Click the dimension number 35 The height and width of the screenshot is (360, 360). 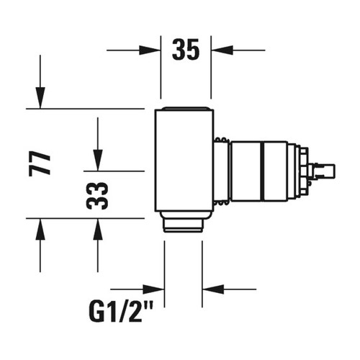[x=185, y=50]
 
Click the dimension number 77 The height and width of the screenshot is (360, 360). [x=42, y=163]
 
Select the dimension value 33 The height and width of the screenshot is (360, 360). [x=97, y=194]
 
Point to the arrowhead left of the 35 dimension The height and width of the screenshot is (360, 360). [x=152, y=50]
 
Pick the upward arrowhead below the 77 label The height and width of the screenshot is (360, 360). [x=40, y=229]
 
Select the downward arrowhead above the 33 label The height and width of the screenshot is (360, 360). [x=97, y=160]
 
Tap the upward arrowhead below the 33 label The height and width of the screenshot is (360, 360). [x=97, y=229]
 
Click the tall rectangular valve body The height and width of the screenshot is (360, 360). [x=184, y=160]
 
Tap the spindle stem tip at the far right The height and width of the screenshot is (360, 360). [x=328, y=171]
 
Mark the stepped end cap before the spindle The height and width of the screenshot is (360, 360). [x=297, y=171]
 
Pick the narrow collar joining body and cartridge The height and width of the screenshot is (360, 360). [x=221, y=171]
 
